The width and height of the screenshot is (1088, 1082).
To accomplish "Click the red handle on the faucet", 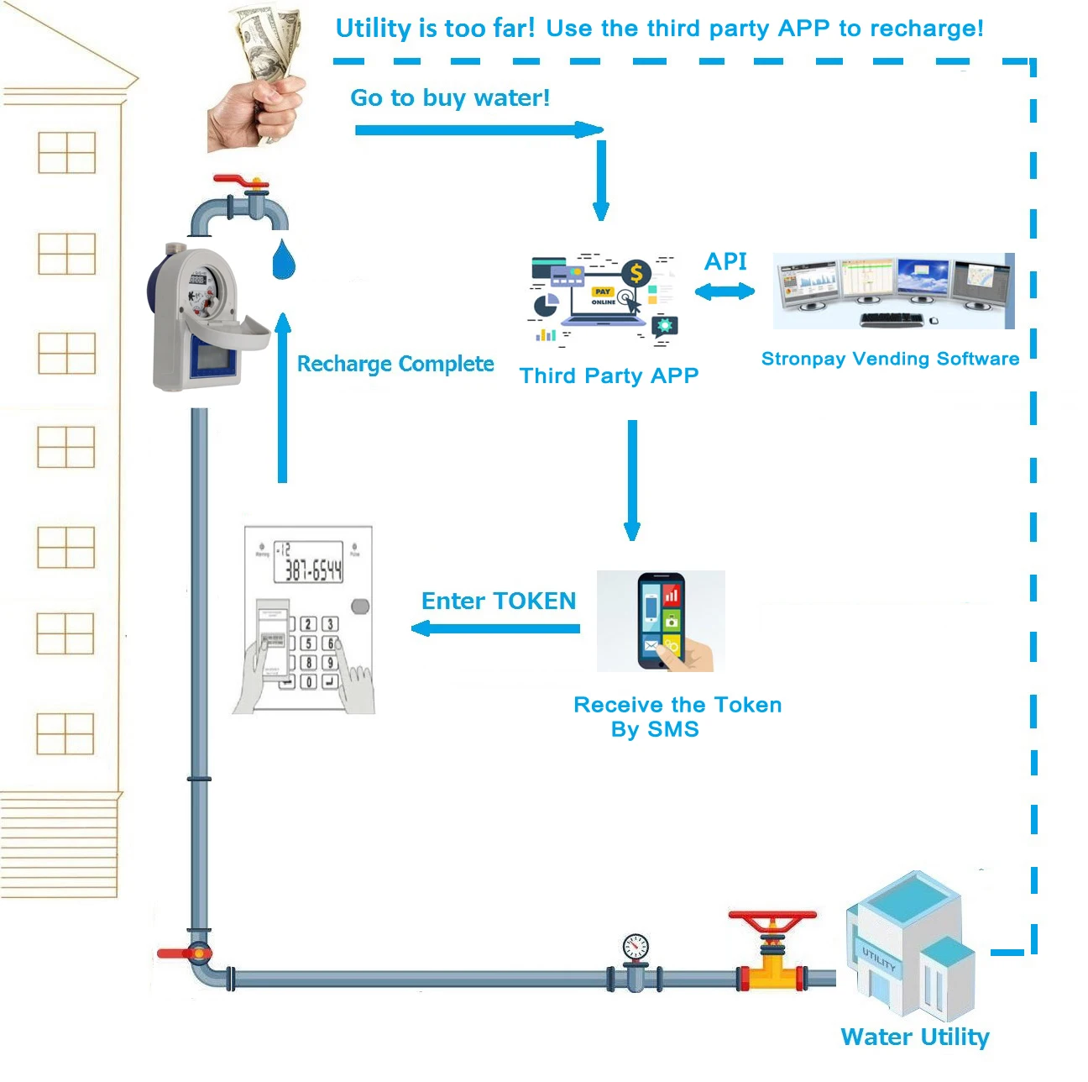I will [x=238, y=181].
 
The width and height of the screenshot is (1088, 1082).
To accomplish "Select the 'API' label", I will [x=725, y=261].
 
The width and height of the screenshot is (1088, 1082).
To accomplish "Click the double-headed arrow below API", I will [x=724, y=292].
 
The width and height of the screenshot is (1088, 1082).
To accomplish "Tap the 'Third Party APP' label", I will [x=609, y=376].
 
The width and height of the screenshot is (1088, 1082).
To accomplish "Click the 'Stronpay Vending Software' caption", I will [x=890, y=359].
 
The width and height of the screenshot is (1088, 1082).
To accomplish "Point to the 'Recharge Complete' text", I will [x=395, y=364].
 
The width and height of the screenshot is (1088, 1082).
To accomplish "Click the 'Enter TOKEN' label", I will [x=499, y=601].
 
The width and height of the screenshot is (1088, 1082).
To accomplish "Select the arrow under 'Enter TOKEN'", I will [x=495, y=628].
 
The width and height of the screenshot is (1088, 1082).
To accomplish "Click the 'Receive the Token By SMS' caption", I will [x=677, y=717].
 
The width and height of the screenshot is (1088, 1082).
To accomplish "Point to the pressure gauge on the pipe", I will [x=636, y=948].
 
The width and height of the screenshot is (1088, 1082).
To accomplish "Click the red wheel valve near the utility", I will [x=772, y=920].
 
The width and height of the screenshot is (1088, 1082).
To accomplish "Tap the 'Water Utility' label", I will [x=915, y=1037].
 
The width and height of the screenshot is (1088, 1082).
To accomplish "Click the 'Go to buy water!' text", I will [x=450, y=98].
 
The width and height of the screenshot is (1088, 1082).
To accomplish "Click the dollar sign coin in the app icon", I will [x=636, y=272].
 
